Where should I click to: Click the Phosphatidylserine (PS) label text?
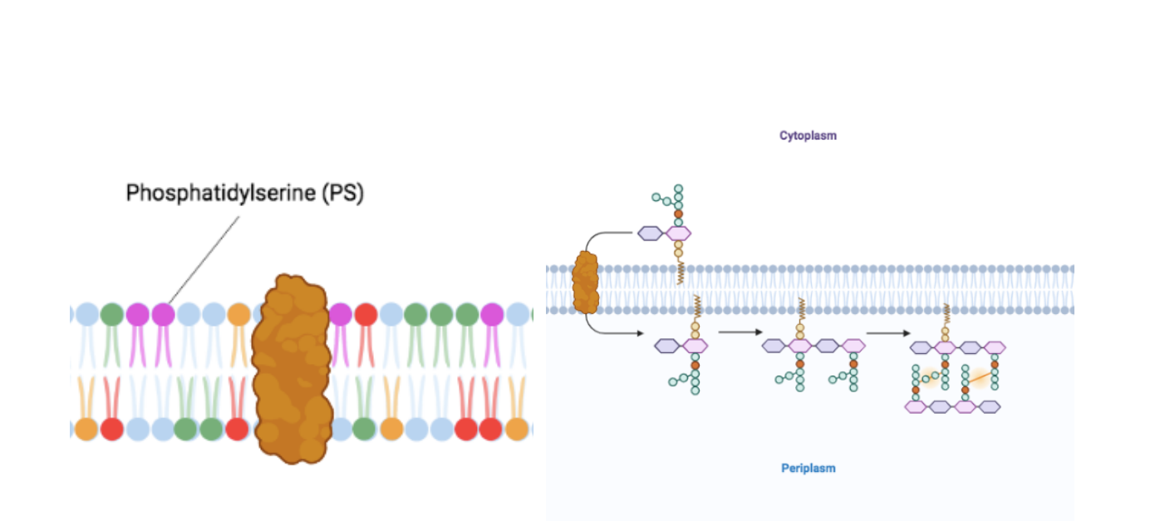[244, 194]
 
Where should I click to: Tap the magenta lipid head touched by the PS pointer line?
[164, 314]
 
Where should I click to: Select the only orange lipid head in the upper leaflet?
[239, 315]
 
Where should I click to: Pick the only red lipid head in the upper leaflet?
[366, 315]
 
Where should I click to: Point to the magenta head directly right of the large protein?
[340, 315]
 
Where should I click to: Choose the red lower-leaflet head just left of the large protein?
[237, 429]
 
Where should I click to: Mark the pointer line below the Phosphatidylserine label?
[204, 260]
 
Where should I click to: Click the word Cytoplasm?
[808, 135]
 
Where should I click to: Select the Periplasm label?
[808, 468]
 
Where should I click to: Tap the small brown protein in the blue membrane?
[585, 283]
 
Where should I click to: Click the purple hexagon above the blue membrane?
[651, 233]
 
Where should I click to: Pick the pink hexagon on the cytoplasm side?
[679, 233]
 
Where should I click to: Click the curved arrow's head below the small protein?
[640, 333]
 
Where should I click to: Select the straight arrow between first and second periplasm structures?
[740, 332]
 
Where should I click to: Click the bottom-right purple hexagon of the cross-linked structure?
[989, 406]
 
